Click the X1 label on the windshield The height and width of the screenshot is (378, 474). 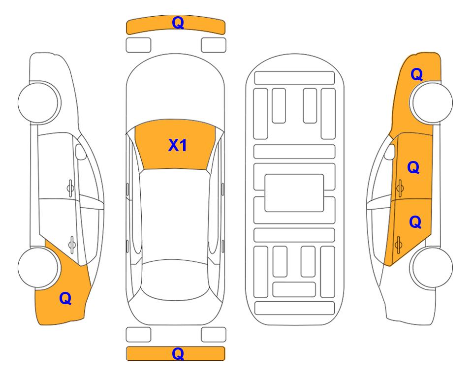178,145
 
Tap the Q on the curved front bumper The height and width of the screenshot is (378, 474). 178,23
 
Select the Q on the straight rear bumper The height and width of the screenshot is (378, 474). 178,353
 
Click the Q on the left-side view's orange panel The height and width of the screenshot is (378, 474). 65,298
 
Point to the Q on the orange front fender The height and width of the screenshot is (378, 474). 416,74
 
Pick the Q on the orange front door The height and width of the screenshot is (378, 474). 413,167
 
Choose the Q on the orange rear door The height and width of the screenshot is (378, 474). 415,222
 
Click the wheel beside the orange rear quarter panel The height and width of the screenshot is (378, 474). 38,268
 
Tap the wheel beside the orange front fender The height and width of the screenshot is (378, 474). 432,102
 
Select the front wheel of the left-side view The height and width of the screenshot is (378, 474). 38,102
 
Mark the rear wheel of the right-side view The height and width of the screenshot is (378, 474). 432,268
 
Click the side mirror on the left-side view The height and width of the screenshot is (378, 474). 80,152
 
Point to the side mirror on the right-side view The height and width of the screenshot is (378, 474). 390,152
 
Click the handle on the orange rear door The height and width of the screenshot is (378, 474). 398,245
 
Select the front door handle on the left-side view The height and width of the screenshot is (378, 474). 70,189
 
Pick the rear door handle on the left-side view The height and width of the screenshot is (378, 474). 72,245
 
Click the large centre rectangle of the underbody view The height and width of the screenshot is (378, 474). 294,193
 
